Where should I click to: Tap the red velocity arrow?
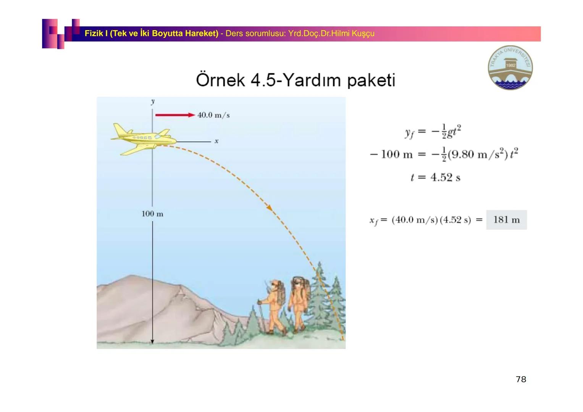point(175,115)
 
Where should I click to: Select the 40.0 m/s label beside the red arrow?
point(213,115)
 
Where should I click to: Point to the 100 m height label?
point(152,214)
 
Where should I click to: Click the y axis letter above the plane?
point(153,101)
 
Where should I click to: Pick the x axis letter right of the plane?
point(216,141)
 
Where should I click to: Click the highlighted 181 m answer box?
point(507,220)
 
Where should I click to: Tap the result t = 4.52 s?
point(435,177)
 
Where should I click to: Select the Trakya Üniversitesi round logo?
point(510,68)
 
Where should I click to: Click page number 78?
point(521,379)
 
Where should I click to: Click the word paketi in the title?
point(371,80)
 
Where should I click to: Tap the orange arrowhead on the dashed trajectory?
point(270,208)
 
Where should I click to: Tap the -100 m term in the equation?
point(391,154)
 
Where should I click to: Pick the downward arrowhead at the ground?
point(152,341)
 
